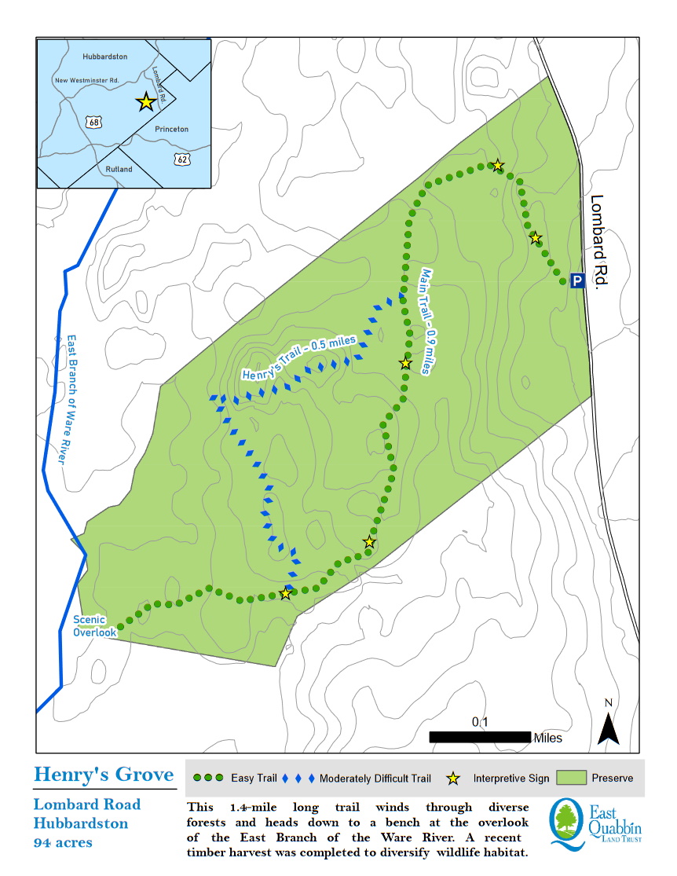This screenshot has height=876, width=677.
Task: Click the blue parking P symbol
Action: (577, 280)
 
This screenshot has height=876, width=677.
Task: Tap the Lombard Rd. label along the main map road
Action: (599, 243)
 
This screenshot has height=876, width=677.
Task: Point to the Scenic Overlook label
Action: (94, 625)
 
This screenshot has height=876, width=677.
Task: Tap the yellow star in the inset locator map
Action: (145, 102)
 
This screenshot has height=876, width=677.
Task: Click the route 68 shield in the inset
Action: (94, 122)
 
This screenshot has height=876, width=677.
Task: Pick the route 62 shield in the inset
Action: (181, 159)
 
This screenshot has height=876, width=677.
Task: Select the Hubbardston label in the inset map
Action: (104, 57)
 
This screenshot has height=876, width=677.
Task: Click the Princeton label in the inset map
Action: (171, 129)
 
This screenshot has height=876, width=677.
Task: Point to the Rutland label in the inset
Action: (119, 169)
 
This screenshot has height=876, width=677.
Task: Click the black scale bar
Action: (480, 737)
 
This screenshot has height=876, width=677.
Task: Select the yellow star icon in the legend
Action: (453, 779)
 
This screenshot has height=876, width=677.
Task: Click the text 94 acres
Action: (63, 842)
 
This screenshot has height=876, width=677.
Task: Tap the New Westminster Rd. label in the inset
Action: (86, 80)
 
